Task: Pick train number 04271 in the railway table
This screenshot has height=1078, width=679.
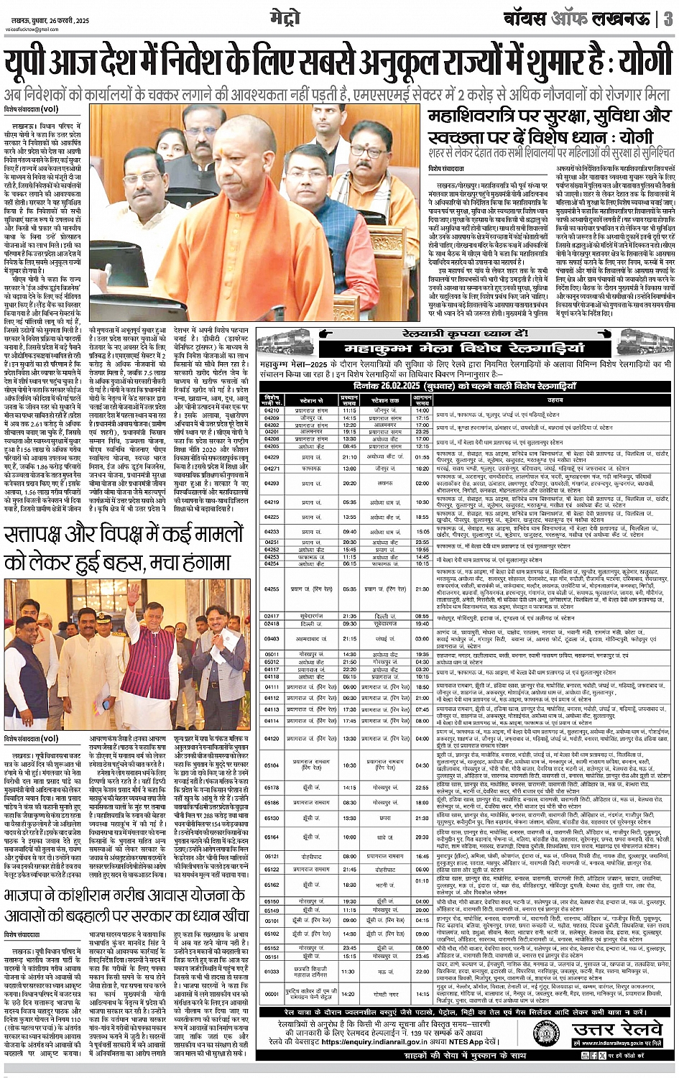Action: click(272, 468)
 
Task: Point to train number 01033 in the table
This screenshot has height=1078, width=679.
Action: click(272, 971)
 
